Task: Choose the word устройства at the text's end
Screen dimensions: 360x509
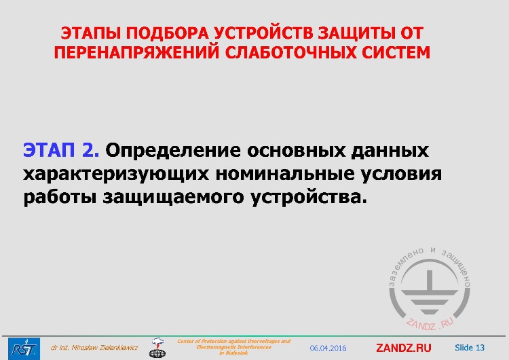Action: pyautogui.click(x=309, y=198)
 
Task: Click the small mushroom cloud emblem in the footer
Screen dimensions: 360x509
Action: pyautogui.click(x=157, y=347)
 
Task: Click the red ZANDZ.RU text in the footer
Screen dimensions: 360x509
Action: pyautogui.click(x=403, y=348)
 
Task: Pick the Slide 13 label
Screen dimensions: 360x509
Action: pyautogui.click(x=470, y=348)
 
